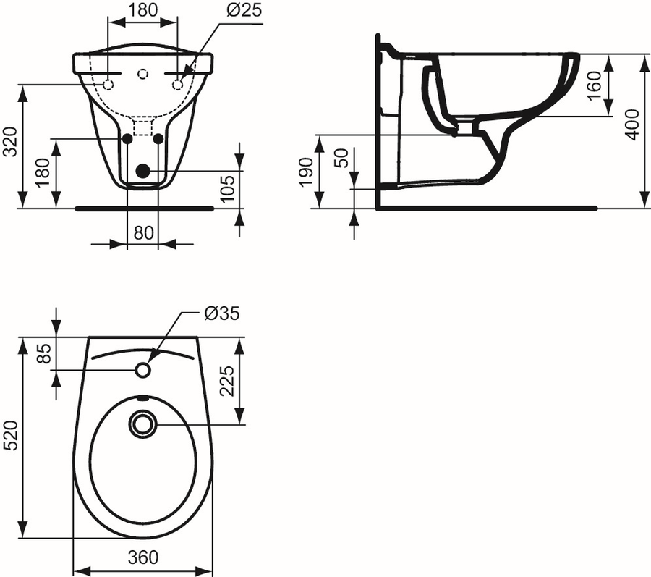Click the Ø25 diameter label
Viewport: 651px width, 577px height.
click(x=245, y=9)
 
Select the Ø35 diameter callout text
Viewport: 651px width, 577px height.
click(x=222, y=313)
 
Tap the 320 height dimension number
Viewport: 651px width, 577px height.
click(x=11, y=141)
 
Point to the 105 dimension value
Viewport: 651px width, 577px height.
click(x=228, y=188)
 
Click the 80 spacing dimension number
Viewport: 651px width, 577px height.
click(x=144, y=233)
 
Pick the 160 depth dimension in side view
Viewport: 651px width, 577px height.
click(x=595, y=85)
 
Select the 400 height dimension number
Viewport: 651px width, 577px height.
click(x=631, y=125)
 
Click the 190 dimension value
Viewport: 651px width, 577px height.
click(x=307, y=172)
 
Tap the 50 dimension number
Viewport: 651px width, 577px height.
click(x=343, y=158)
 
